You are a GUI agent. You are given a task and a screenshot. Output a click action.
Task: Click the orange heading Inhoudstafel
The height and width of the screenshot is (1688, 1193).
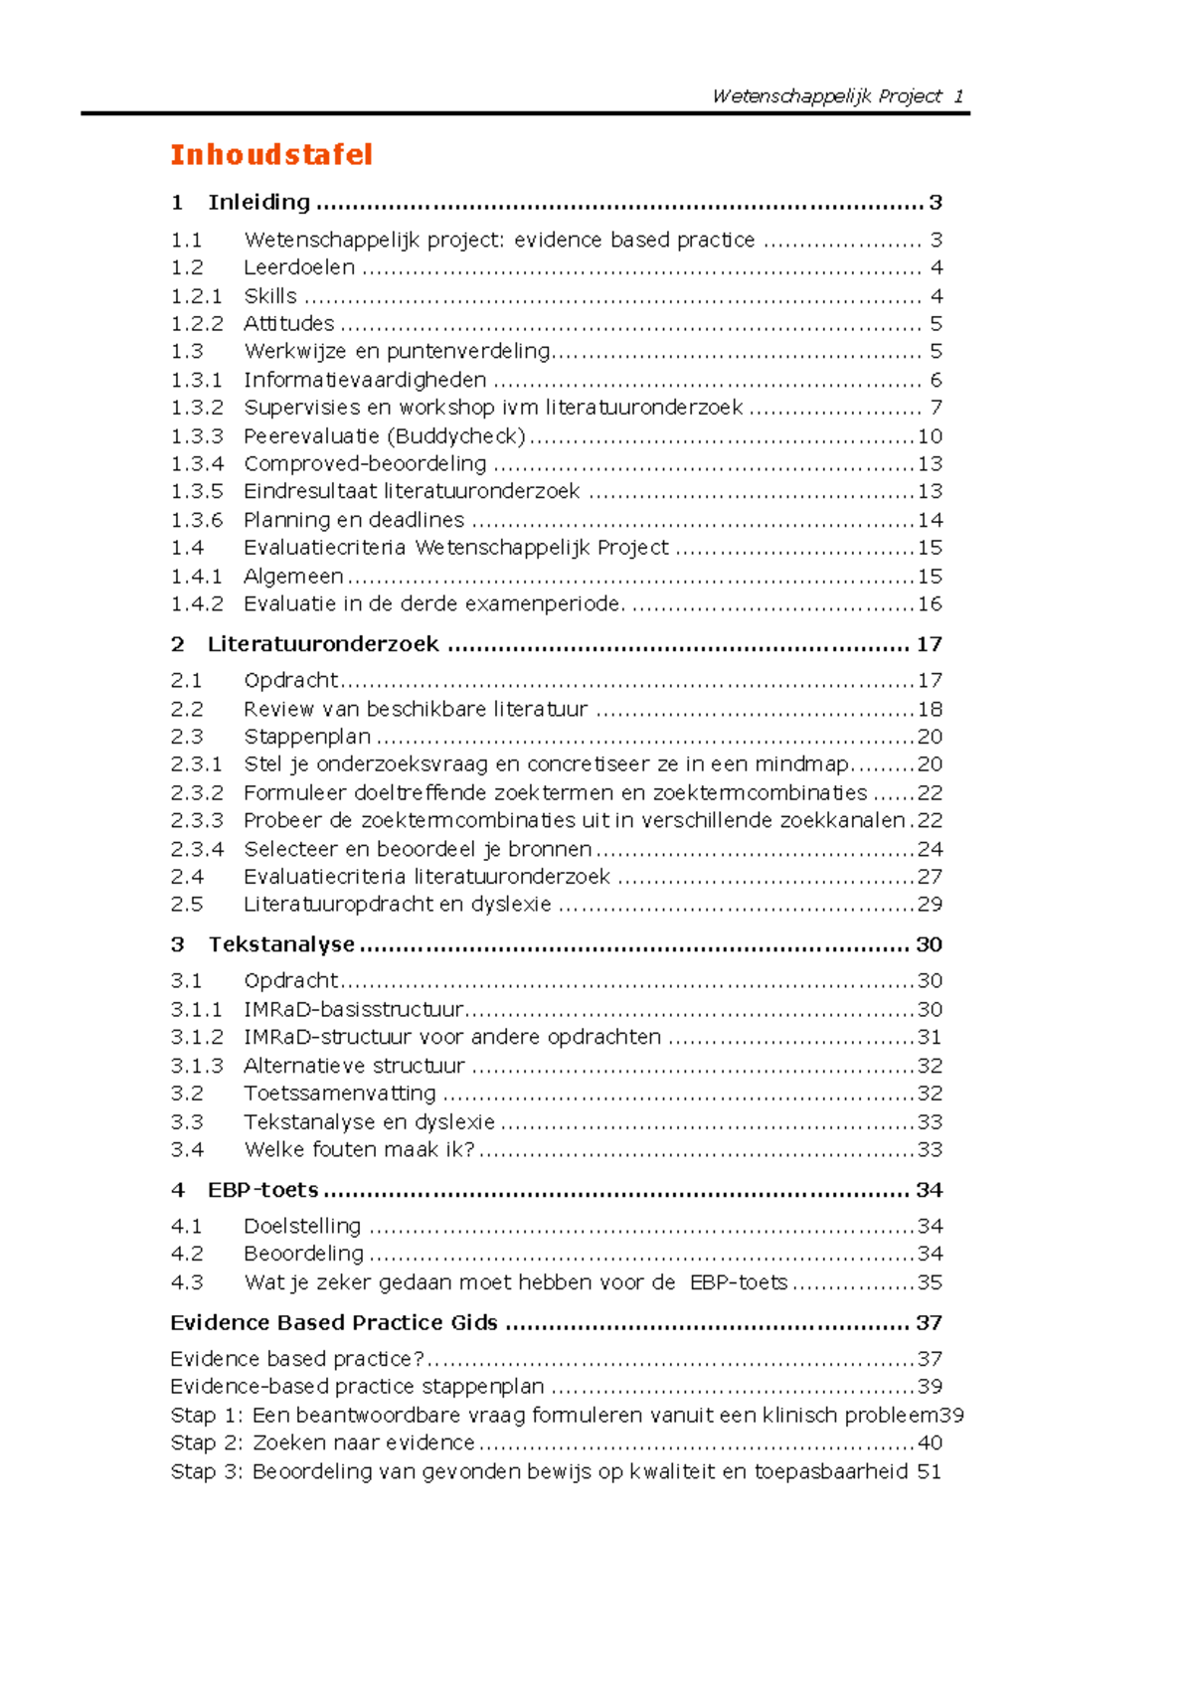271,155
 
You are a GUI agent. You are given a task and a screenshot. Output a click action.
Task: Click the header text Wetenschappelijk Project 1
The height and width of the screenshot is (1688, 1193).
837,96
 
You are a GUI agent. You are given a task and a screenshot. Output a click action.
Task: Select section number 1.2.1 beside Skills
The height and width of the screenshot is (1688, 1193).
196,296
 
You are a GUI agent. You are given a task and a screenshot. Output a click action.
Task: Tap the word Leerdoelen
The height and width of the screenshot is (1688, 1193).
299,267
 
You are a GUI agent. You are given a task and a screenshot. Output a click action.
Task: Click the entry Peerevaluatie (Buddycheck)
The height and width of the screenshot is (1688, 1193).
384,436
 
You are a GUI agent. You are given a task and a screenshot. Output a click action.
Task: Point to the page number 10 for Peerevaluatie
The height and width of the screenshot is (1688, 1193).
930,436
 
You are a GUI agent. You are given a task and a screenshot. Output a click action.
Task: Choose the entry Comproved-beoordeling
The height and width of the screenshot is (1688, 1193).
365,464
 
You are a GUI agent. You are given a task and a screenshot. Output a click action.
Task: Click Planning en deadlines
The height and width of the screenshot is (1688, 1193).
354,520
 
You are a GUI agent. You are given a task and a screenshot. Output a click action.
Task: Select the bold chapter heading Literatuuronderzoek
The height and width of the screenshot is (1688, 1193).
323,644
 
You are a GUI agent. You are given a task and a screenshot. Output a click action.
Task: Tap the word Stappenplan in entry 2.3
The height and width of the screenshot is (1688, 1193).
307,737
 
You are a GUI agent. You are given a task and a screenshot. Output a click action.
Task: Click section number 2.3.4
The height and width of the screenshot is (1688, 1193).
197,849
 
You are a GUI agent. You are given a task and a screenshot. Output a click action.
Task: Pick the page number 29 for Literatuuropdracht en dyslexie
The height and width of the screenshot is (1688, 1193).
930,905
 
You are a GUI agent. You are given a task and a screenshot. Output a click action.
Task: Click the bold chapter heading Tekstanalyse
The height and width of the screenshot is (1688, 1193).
281,944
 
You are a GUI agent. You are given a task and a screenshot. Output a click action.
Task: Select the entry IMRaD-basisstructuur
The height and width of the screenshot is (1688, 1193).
354,1010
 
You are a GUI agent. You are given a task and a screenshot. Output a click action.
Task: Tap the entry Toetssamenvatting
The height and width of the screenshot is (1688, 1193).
340,1094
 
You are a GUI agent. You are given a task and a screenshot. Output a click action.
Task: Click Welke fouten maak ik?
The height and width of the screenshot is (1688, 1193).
360,1150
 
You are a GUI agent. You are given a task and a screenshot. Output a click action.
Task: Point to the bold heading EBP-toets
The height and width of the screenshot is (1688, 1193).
263,1190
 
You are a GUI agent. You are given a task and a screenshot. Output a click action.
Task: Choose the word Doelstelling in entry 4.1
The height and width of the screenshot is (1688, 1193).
302,1227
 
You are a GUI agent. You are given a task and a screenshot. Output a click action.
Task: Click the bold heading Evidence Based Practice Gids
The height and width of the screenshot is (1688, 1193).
334,1323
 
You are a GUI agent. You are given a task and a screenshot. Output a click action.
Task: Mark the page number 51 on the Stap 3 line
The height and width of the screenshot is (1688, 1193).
930,1471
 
